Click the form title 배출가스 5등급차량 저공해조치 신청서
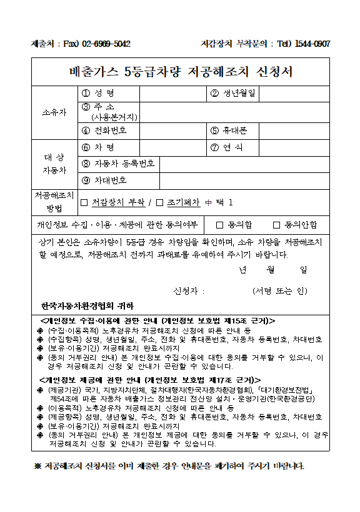click(x=180, y=71)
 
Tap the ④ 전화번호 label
click(x=104, y=130)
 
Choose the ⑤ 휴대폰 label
click(x=229, y=130)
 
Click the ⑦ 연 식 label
click(x=226, y=147)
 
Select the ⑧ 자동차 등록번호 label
click(x=118, y=164)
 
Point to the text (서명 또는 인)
click(x=280, y=291)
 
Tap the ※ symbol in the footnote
click(x=37, y=466)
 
